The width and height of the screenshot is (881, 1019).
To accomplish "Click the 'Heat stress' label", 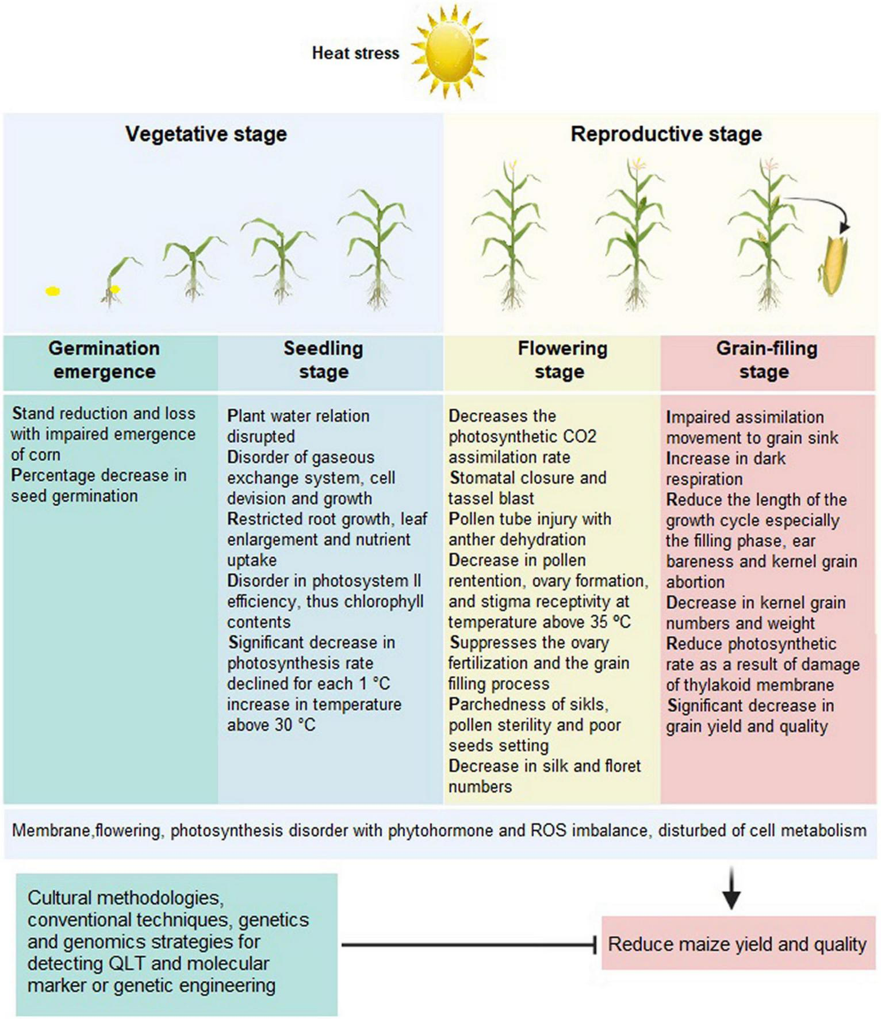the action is click(x=355, y=53).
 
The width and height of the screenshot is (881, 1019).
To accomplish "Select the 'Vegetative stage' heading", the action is click(x=206, y=134).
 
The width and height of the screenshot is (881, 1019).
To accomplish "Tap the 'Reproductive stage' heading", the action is click(x=666, y=134).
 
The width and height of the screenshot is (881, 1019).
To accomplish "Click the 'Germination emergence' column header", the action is click(x=105, y=360).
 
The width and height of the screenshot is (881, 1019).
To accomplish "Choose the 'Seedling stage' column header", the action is click(x=323, y=360).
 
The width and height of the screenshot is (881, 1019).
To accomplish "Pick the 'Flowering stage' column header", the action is click(x=561, y=360).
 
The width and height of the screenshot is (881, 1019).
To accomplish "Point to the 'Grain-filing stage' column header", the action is click(x=766, y=360).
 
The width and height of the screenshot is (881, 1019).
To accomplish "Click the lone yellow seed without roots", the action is click(x=53, y=292).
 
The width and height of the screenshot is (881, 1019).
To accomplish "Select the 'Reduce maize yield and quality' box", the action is click(x=738, y=944).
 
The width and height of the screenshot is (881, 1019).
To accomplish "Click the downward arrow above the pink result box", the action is click(x=731, y=889).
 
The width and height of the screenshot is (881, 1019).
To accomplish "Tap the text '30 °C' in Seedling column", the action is click(x=295, y=725).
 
